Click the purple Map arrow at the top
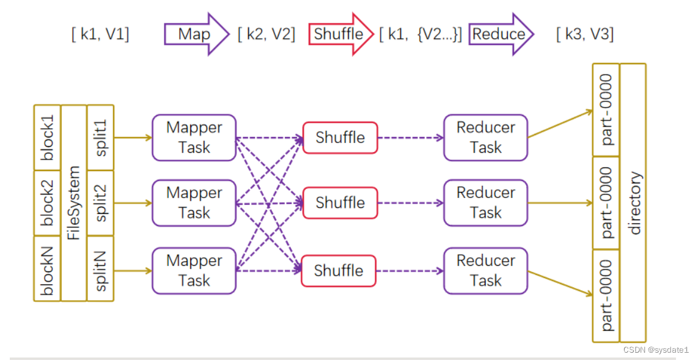coord(195,34)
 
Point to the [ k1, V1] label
coord(100,34)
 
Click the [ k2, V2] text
coord(266,34)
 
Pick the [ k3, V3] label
coord(585,34)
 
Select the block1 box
coord(48,137)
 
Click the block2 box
coord(48,203)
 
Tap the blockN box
coord(48,269)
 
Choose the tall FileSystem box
coord(74,203)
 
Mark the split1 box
coord(100,137)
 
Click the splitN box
coord(100,269)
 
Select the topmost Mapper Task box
coord(194,138)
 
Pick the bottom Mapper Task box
coord(194,271)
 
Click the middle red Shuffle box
coord(340,203)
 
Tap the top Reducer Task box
coord(486,138)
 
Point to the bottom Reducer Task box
coord(486,271)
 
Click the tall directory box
coord(633,203)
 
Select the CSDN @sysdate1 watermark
coord(655,349)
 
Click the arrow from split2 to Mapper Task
coord(132,203)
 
